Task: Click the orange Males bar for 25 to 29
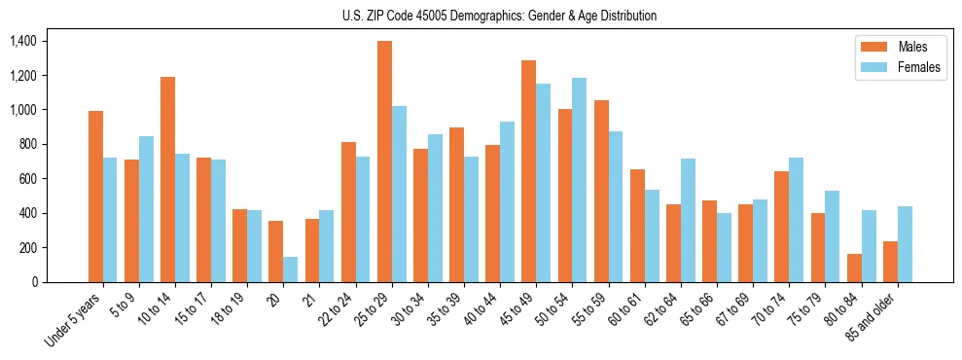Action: pyautogui.click(x=384, y=162)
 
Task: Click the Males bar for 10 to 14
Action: pyautogui.click(x=167, y=179)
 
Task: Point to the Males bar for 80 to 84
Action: pyautogui.click(x=854, y=268)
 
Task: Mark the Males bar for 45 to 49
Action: pyautogui.click(x=528, y=171)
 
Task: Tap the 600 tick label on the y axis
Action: pyautogui.click(x=26, y=179)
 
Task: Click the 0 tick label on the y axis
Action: pyautogui.click(x=33, y=282)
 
